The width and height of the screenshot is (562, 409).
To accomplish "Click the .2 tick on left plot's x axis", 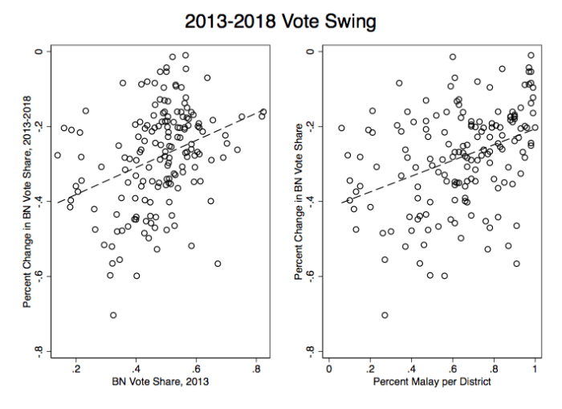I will [76, 369].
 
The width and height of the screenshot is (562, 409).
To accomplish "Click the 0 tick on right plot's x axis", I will [329, 369].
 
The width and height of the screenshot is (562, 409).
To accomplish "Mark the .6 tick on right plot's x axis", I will [452, 369].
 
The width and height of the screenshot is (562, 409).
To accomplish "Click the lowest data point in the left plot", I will [113, 315].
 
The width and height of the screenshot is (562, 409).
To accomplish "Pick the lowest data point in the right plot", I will [385, 315].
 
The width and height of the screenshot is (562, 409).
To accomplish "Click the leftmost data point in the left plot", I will [57, 155].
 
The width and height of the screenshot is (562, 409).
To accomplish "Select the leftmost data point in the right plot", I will [341, 128].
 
